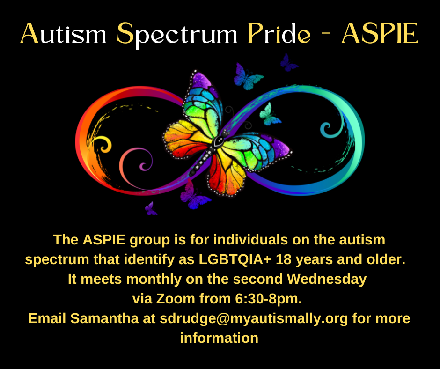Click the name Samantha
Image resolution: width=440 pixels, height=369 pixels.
click(x=104, y=318)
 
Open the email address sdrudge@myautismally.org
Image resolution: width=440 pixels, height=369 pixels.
click(x=254, y=318)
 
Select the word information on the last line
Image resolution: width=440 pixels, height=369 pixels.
click(x=219, y=338)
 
